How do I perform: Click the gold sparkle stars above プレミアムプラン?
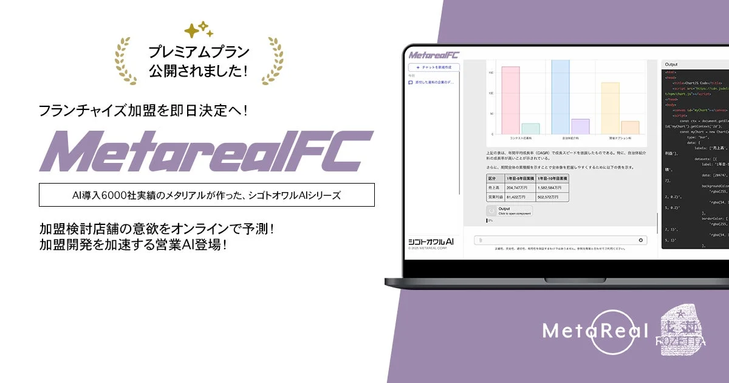click(199, 30)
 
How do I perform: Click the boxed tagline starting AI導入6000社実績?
click(206, 195)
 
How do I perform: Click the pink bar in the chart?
click(510, 100)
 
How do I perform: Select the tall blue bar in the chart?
click(560, 97)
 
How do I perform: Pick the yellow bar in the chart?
click(610, 108)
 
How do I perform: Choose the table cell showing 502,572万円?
click(552, 197)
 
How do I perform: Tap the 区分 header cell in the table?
click(492, 179)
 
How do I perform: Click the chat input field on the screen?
click(556, 240)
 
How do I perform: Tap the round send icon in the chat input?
click(641, 240)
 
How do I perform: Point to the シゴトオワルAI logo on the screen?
click(432, 241)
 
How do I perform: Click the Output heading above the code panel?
click(671, 64)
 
